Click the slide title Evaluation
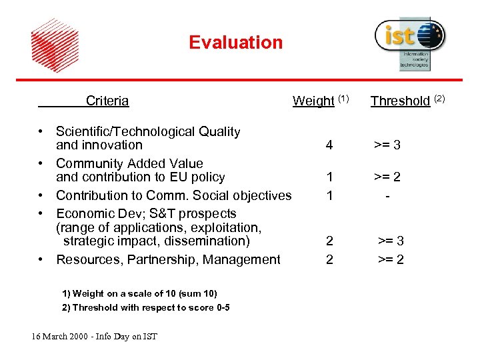[235, 43]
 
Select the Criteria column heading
[107, 101]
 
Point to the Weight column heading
[314, 101]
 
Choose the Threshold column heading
[401, 101]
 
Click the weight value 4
[329, 145]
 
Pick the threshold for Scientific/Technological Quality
[387, 145]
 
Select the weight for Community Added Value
[329, 177]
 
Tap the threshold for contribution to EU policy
[387, 177]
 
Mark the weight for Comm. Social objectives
[329, 195]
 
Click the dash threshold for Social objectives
[387, 195]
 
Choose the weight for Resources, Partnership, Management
[329, 259]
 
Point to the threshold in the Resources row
[391, 259]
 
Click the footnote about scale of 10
[139, 294]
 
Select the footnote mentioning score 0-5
[145, 307]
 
